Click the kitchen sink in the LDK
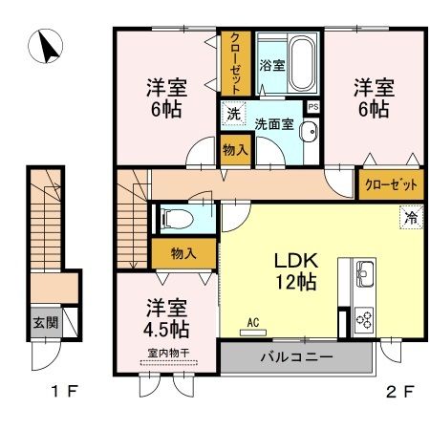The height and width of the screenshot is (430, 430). [364, 278]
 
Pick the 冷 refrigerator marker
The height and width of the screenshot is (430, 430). [409, 217]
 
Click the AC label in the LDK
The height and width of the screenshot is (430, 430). [254, 322]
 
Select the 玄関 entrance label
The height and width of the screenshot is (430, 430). [43, 322]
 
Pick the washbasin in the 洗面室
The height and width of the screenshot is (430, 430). [309, 132]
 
